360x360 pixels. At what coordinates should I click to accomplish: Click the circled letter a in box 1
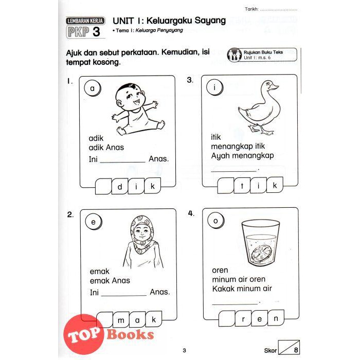pos(92,88)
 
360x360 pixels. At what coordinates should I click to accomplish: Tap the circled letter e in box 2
pos(93,222)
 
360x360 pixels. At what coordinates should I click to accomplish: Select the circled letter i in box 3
pos(214,87)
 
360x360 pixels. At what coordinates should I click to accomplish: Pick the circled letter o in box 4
pos(215,221)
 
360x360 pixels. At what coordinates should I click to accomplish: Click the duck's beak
pos(275,87)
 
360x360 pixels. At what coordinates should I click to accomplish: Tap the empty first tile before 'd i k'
pos(103,186)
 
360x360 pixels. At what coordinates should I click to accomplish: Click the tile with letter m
pos(121,320)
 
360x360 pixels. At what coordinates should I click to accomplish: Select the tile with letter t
pos(242,185)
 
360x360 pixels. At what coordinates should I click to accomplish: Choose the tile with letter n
pos(276,318)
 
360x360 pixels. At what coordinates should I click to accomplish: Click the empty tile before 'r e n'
pos(227,319)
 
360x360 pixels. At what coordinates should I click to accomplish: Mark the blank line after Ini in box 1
pos(122,163)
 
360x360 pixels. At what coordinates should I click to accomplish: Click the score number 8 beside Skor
pos(296,350)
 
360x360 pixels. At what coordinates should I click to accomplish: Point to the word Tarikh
pos(251,9)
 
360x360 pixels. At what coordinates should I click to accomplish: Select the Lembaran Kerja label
pos(85,21)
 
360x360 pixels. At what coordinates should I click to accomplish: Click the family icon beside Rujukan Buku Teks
pos(234,55)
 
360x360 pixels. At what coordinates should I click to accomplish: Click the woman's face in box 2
pos(141,231)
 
